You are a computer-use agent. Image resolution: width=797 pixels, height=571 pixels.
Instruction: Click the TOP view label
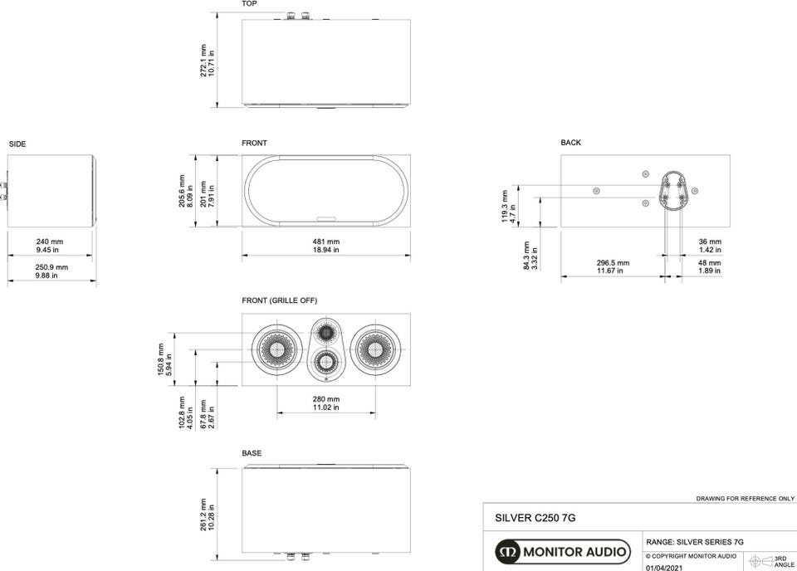[249, 3]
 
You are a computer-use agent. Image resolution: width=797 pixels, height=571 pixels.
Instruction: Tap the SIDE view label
[17, 144]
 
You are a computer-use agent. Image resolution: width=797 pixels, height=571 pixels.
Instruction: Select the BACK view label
[571, 143]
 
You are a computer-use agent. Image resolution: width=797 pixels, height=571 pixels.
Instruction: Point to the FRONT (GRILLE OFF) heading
[280, 300]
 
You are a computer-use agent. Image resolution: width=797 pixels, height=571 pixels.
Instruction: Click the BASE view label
[252, 453]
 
